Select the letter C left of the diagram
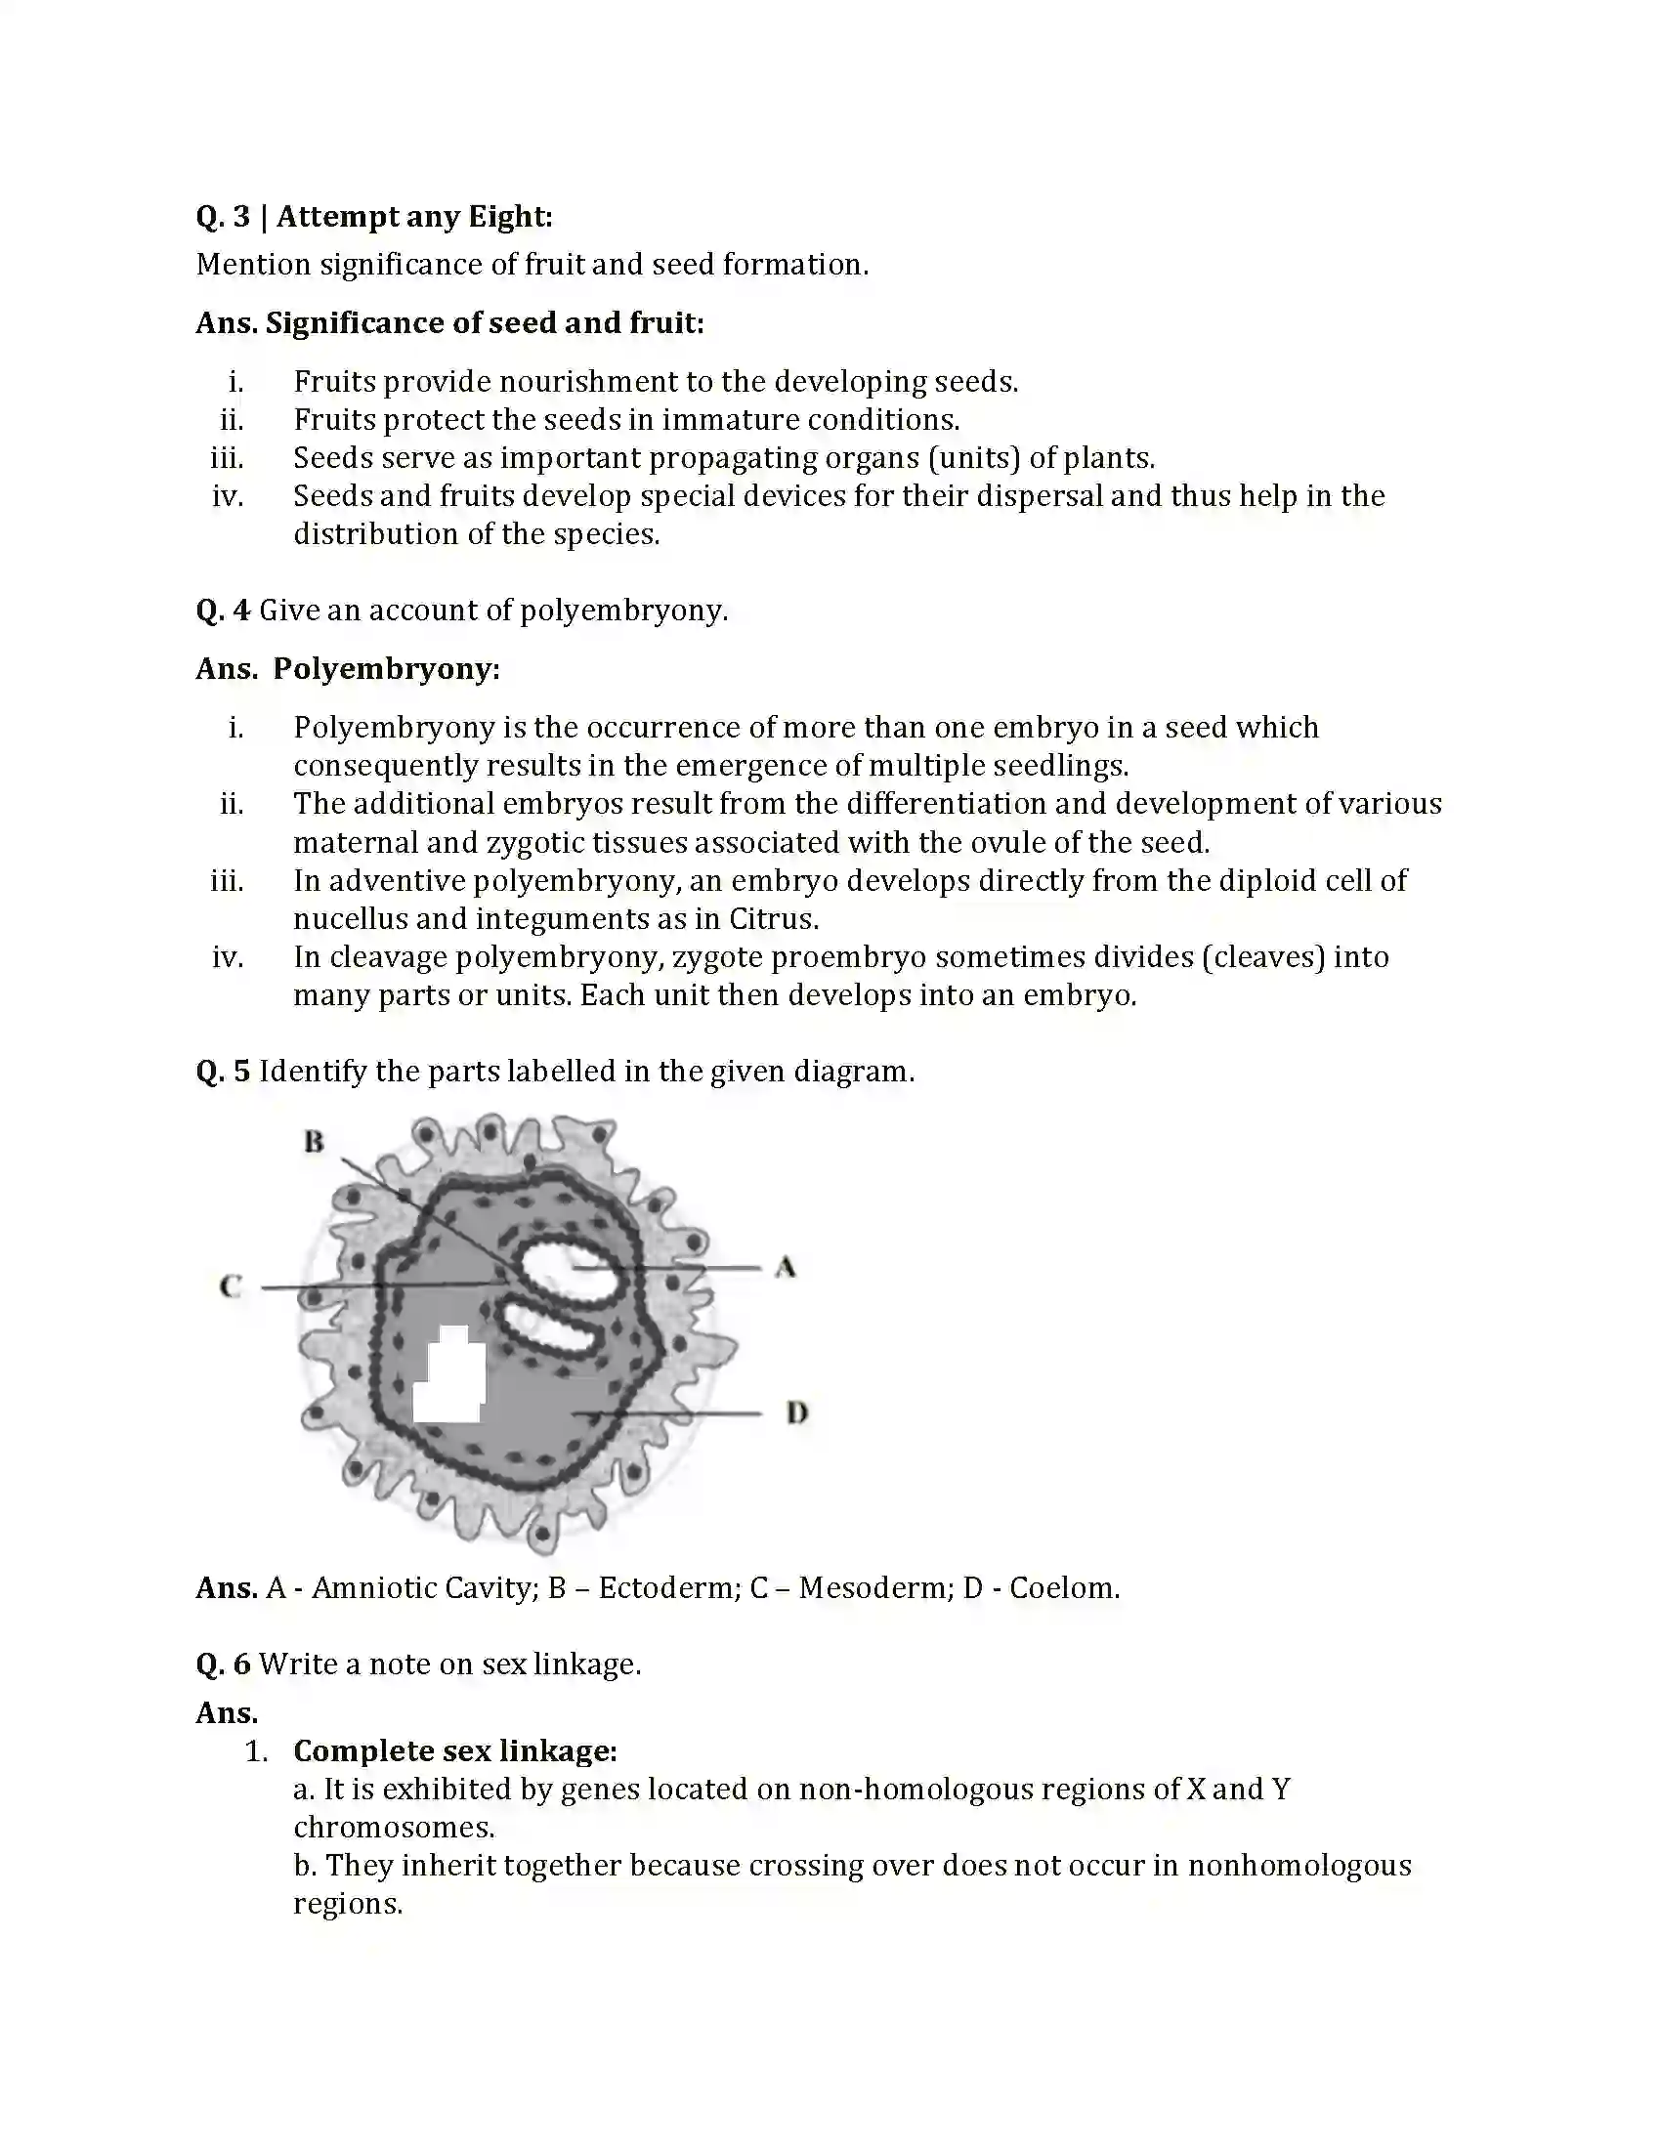pos(231,1286)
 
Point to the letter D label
pos(796,1413)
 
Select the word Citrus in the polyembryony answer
pos(773,919)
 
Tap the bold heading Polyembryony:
pos(386,669)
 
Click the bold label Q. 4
pos(224,611)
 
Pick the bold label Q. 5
pos(224,1071)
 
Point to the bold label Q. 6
pos(224,1664)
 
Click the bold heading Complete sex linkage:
pos(454,1750)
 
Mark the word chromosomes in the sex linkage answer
pos(394,1828)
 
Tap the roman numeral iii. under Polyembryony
pos(227,881)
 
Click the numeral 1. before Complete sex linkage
pos(256,1751)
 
